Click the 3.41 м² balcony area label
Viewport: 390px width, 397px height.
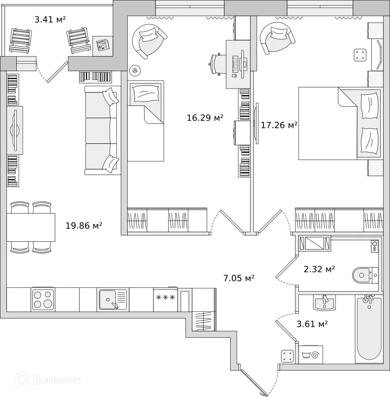pyautogui.click(x=50, y=19)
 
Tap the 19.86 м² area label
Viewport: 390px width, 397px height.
pyautogui.click(x=83, y=225)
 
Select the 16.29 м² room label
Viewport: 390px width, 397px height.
pyautogui.click(x=205, y=118)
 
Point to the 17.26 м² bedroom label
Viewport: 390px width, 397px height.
pyautogui.click(x=279, y=125)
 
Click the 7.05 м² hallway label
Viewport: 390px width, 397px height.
pyautogui.click(x=239, y=278)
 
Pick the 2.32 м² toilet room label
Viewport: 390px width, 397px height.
pyautogui.click(x=319, y=269)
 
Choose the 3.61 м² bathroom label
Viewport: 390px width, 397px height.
pyautogui.click(x=312, y=324)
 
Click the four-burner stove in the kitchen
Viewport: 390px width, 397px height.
pyautogui.click(x=43, y=299)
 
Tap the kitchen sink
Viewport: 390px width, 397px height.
pyautogui.click(x=113, y=299)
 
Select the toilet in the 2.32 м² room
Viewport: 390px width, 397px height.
pyautogui.click(x=365, y=275)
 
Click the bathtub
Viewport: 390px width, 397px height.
pyautogui.click(x=369, y=328)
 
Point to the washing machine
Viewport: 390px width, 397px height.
pyautogui.click(x=311, y=355)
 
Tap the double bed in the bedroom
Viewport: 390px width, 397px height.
pyautogui.click(x=340, y=123)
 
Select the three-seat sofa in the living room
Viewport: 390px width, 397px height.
pyautogui.click(x=102, y=130)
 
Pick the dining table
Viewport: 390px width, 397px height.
pyautogui.click(x=31, y=227)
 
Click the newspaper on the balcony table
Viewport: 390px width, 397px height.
pyautogui.click(x=103, y=45)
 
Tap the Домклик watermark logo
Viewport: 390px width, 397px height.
pyautogui.click(x=48, y=380)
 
